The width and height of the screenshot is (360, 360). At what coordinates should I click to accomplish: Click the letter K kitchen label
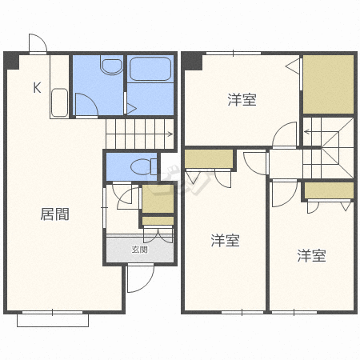pos(37,87)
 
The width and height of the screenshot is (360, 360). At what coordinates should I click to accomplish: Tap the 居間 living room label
pos(55,214)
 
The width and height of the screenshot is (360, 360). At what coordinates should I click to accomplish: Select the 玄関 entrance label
pos(140,250)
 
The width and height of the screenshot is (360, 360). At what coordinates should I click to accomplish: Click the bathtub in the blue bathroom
pos(150,69)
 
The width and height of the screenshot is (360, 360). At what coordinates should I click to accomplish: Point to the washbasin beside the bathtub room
pos(112,66)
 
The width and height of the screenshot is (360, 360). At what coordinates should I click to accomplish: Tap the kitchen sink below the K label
pos(59,102)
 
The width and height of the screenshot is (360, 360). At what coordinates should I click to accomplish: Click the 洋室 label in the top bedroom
pos(242,99)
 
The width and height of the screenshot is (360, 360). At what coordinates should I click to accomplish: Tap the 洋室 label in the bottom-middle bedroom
pos(226,240)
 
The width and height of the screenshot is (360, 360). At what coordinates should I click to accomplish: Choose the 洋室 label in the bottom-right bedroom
pos(311,255)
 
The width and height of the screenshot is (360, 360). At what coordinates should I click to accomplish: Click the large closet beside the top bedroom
pos(329,85)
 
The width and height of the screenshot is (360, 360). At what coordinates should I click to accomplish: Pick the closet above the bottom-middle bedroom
pos(209,159)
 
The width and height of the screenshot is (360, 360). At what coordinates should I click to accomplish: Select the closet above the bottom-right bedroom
pos(330,190)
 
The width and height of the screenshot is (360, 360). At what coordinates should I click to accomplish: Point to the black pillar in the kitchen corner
pos(12,61)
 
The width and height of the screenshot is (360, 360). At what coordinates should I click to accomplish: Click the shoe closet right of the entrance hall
pos(158,198)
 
